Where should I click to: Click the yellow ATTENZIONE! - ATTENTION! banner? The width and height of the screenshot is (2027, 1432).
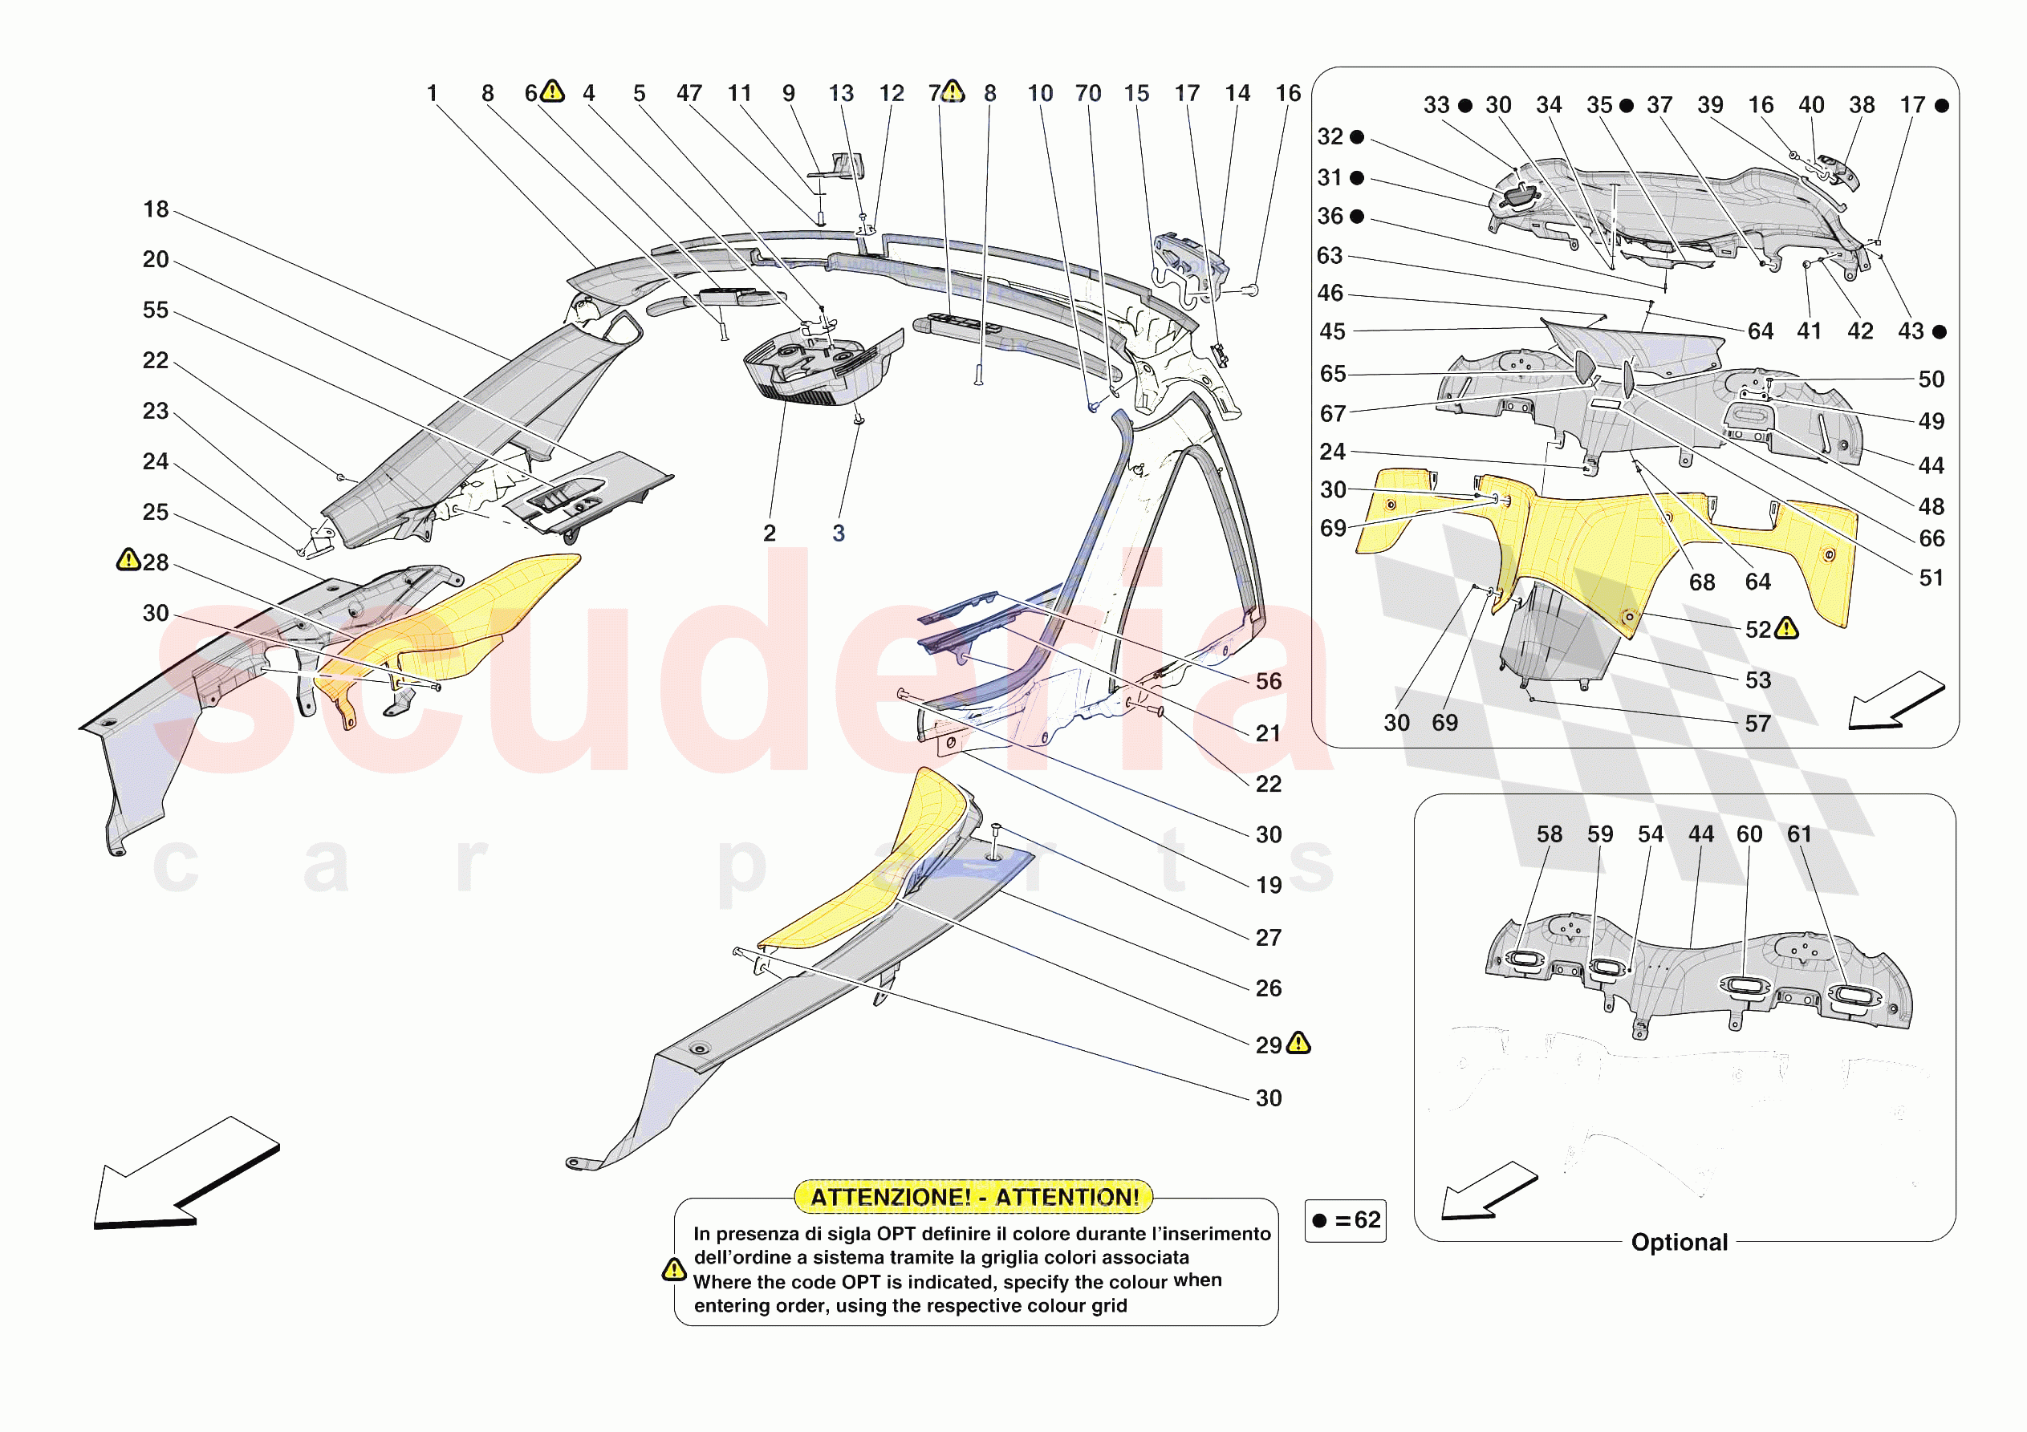tap(973, 1196)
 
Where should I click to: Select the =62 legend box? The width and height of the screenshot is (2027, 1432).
tap(1346, 1220)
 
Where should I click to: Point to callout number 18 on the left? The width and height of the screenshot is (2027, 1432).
tap(156, 209)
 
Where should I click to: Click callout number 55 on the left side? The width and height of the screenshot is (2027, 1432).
tap(156, 310)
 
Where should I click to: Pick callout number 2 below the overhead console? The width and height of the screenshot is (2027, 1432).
tap(770, 533)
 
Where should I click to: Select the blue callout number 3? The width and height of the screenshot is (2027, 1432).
tap(839, 533)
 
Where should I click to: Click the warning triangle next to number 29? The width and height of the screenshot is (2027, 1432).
tap(1298, 1044)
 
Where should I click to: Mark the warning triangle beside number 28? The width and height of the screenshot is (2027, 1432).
tap(128, 560)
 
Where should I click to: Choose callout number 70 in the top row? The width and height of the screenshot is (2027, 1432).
tap(1087, 94)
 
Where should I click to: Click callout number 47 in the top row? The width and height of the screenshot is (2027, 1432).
tap(689, 94)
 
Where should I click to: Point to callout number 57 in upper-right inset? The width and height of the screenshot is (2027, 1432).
tap(1757, 724)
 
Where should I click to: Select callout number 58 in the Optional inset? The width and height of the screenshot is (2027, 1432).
tap(1549, 834)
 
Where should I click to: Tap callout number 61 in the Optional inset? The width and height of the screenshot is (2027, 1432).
tap(1799, 834)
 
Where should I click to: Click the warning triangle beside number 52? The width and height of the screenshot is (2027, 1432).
tap(1787, 629)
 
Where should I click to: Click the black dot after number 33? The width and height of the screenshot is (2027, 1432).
tap(1465, 106)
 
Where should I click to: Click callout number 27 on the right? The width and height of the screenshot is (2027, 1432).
tap(1269, 938)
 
